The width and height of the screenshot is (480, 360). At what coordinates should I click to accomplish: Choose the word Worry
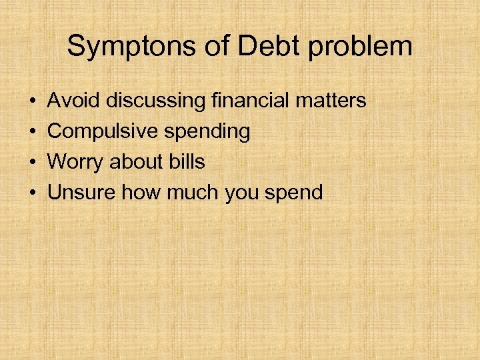pyautogui.click(x=74, y=163)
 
